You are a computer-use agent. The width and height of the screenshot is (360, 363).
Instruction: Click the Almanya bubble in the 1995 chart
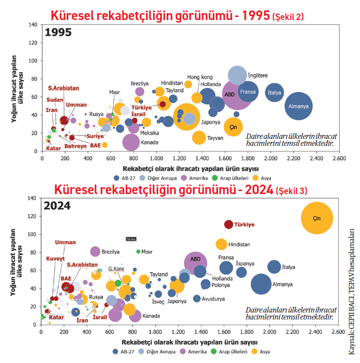pyautogui.click(x=298, y=106)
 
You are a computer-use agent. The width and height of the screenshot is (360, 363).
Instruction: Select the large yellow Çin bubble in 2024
pyautogui.click(x=317, y=218)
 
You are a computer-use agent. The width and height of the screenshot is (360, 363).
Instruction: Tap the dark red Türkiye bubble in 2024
pyautogui.click(x=229, y=225)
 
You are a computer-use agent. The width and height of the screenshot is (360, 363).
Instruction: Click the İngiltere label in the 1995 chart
pyautogui.click(x=258, y=75)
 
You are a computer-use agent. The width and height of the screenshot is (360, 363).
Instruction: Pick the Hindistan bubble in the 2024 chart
pyautogui.click(x=222, y=244)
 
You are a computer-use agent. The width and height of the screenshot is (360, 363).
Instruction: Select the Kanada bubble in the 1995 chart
pyautogui.click(x=131, y=142)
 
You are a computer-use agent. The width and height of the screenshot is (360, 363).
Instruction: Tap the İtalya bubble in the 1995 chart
pyautogui.click(x=274, y=92)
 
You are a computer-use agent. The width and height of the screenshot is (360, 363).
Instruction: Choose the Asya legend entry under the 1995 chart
pyautogui.click(x=263, y=178)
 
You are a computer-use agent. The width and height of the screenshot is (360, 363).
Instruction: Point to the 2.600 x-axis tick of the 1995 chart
pyautogui.click(x=338, y=158)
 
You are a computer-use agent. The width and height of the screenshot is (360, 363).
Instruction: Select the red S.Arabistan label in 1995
pyautogui.click(x=64, y=88)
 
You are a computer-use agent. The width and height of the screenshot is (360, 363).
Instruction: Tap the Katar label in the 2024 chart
pyautogui.click(x=56, y=317)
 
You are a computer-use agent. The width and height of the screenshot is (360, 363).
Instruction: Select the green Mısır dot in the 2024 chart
pyautogui.click(x=138, y=252)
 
